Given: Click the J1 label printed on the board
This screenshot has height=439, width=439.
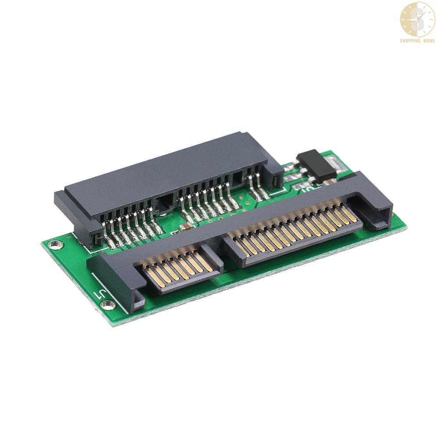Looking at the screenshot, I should pyautogui.click(x=100, y=295).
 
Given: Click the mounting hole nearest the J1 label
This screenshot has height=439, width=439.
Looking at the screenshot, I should pyautogui.click(x=108, y=304).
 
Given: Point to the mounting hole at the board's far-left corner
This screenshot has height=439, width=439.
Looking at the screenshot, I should pyautogui.click(x=54, y=245).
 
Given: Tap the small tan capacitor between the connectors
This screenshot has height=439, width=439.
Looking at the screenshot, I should pyautogui.click(x=186, y=226).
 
